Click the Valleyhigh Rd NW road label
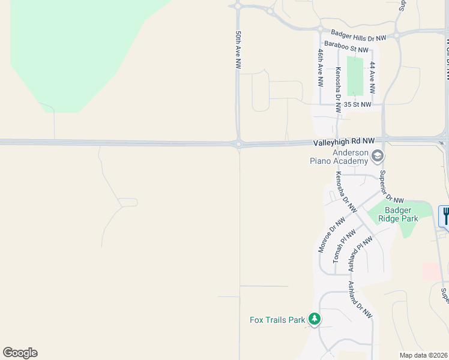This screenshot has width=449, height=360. pos(343,141)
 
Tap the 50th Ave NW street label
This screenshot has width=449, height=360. pos(238,50)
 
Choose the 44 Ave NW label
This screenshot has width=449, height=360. pos(373,77)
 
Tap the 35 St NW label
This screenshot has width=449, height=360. pos(358,104)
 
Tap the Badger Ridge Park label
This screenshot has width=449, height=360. pos(402,214)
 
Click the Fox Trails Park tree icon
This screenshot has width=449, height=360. pos(314,319)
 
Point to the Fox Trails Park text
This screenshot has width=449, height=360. pos(277,320)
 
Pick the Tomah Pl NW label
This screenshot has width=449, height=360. pos(342,245)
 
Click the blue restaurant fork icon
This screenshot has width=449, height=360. pos(445,215)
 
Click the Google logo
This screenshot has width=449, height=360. pos(20,353)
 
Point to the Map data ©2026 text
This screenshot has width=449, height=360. pos(423,355)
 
